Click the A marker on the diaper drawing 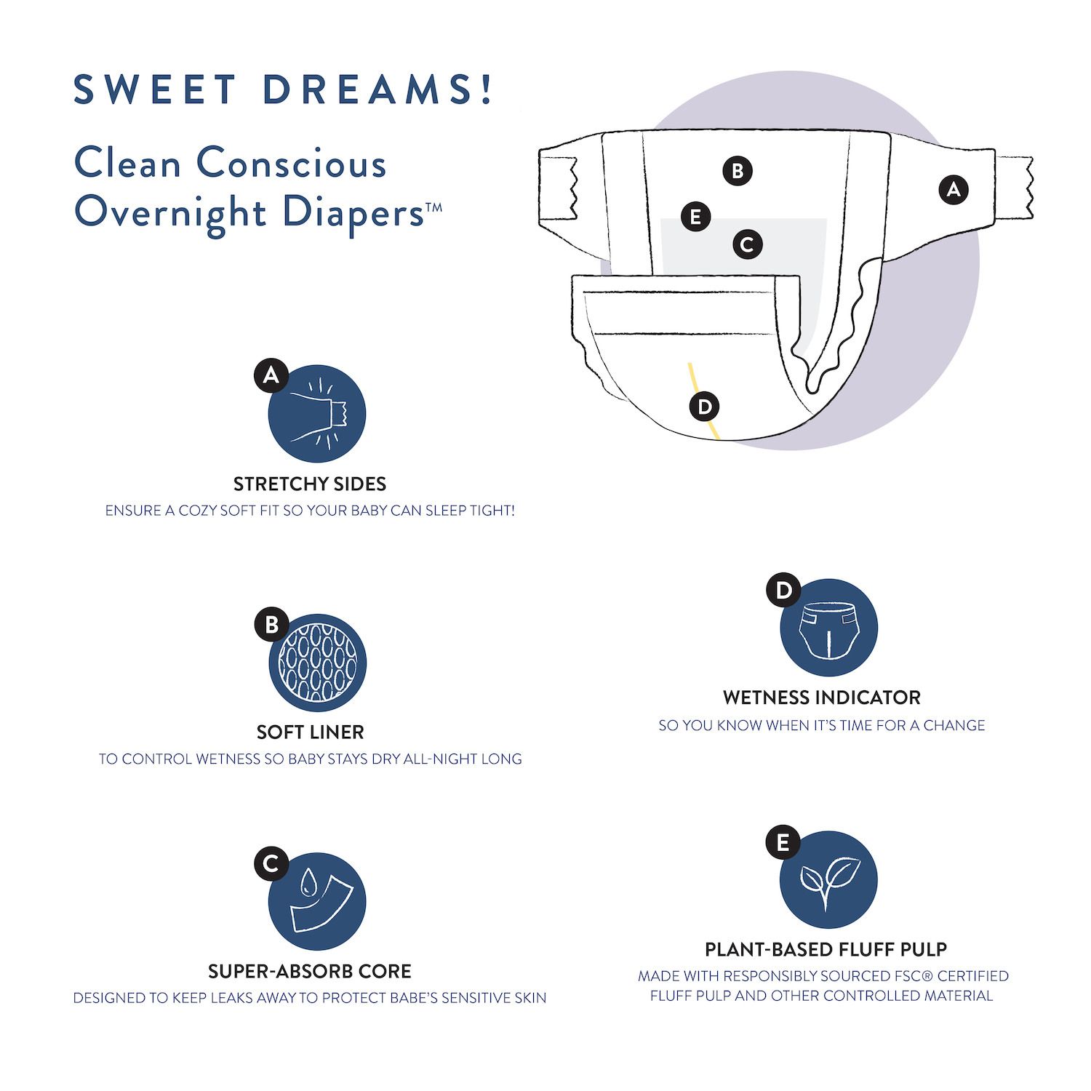click(x=953, y=190)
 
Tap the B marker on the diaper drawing click(x=738, y=171)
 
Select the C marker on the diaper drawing click(x=747, y=244)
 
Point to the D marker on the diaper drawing click(x=704, y=406)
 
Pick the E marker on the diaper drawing click(x=695, y=217)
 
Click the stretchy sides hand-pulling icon click(x=317, y=414)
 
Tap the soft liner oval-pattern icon click(x=317, y=663)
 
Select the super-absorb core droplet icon click(x=317, y=902)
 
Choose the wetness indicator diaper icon click(x=828, y=628)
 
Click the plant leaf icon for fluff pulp click(x=828, y=879)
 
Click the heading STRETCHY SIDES click(x=310, y=484)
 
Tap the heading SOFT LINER click(x=310, y=732)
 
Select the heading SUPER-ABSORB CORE click(x=310, y=971)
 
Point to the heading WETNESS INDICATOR click(x=822, y=698)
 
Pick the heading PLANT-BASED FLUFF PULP click(x=826, y=949)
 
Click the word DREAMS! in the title click(x=378, y=89)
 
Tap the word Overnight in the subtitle click(x=171, y=212)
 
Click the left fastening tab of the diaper click(x=558, y=185)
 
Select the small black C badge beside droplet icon click(x=271, y=863)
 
